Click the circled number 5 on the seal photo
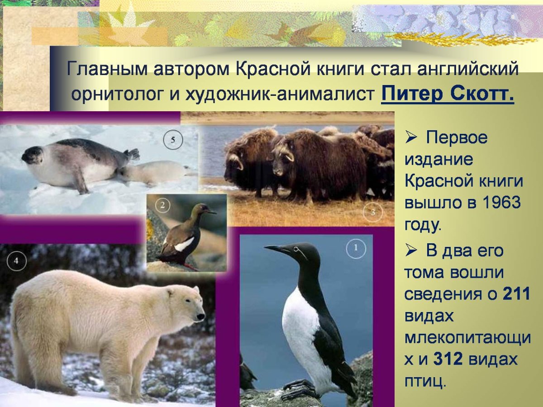coord(173,141)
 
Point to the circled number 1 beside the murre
coord(356,248)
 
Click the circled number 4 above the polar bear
coord(17,261)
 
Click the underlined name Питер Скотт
coord(448,95)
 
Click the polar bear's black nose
coord(201,315)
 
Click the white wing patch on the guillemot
coord(184,245)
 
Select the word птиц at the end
coord(424,382)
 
